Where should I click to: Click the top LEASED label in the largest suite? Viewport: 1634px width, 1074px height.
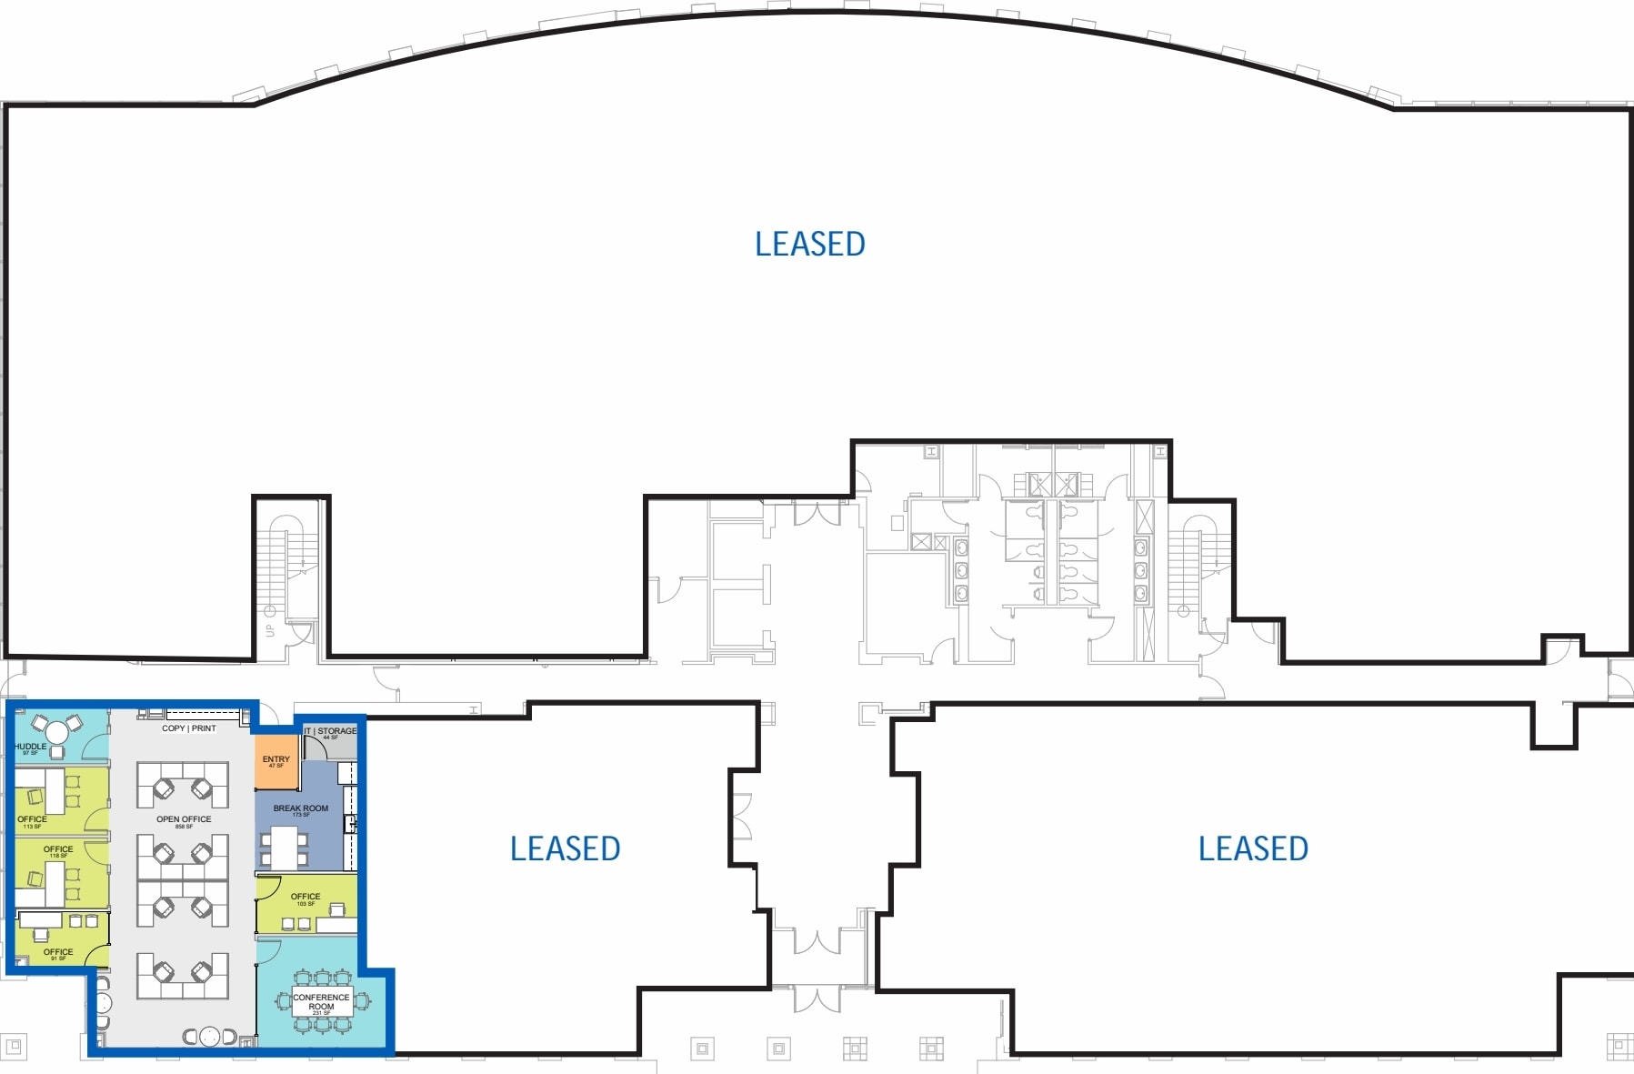pyautogui.click(x=809, y=244)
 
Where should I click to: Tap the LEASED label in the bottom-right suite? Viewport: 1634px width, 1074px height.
pyautogui.click(x=1252, y=848)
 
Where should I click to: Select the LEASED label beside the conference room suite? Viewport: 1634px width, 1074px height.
pyautogui.click(x=565, y=848)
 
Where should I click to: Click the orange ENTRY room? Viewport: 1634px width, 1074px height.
pyautogui.click(x=276, y=764)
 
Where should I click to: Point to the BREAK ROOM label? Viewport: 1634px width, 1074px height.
pyautogui.click(x=301, y=808)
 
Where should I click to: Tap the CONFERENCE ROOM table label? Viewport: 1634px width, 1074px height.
pyautogui.click(x=321, y=1001)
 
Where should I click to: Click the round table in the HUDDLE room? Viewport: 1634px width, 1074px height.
pyautogui.click(x=56, y=730)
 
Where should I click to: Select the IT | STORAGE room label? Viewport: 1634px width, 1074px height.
pyautogui.click(x=331, y=731)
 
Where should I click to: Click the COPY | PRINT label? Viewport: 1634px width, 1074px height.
pyautogui.click(x=189, y=728)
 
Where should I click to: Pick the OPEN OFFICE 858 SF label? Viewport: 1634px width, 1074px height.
pyautogui.click(x=184, y=820)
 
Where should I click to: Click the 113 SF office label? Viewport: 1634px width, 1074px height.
pyautogui.click(x=32, y=820)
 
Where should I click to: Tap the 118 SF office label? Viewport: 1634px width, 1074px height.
pyautogui.click(x=58, y=850)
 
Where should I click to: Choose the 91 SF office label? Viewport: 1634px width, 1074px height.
pyautogui.click(x=58, y=953)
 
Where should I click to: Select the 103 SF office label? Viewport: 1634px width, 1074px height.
pyautogui.click(x=306, y=898)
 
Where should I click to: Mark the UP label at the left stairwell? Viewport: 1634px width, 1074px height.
pyautogui.click(x=269, y=630)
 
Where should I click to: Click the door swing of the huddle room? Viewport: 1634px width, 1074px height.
pyautogui.click(x=94, y=748)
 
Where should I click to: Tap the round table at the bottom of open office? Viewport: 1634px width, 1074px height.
pyautogui.click(x=210, y=1036)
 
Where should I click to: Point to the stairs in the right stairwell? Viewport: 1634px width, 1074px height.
pyautogui.click(x=1184, y=564)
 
